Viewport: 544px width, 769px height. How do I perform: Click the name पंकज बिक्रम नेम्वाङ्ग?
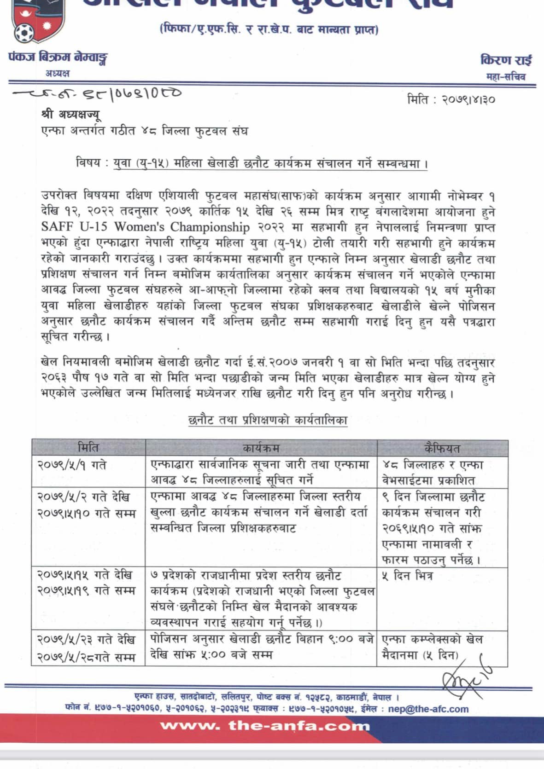58,58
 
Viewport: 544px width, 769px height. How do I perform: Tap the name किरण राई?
506,60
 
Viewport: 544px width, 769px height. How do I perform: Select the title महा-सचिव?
506,77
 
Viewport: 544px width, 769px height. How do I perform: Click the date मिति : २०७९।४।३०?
451,99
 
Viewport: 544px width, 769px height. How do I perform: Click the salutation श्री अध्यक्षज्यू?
70,114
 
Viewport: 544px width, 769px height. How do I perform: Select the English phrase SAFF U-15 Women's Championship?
145,227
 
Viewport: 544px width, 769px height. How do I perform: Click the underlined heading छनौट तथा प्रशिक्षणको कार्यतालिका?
268,420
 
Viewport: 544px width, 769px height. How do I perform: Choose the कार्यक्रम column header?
261,448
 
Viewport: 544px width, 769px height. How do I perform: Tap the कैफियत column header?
442,448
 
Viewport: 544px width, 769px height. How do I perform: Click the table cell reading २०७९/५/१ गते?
72,465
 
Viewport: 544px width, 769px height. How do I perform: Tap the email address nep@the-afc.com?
428,709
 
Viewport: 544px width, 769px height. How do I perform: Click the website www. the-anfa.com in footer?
265,726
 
